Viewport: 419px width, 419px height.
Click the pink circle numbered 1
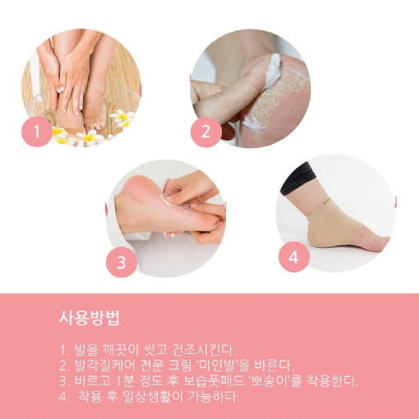pyautogui.click(x=37, y=131)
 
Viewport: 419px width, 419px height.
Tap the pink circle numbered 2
pyautogui.click(x=206, y=132)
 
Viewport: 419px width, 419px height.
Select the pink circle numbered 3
pyautogui.click(x=122, y=262)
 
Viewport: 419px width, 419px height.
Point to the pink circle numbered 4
pyautogui.click(x=294, y=257)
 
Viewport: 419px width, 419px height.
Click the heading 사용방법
pyautogui.click(x=90, y=318)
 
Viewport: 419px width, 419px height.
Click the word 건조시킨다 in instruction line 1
pyautogui.click(x=204, y=349)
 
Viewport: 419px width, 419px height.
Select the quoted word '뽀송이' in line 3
pyautogui.click(x=270, y=380)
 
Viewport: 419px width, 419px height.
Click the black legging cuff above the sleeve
pyautogui.click(x=297, y=178)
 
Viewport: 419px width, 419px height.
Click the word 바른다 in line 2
pyautogui.click(x=274, y=365)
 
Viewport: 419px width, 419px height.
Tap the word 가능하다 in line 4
pyautogui.click(x=214, y=396)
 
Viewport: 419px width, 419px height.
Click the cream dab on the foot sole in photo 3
pyautogui.click(x=168, y=200)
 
